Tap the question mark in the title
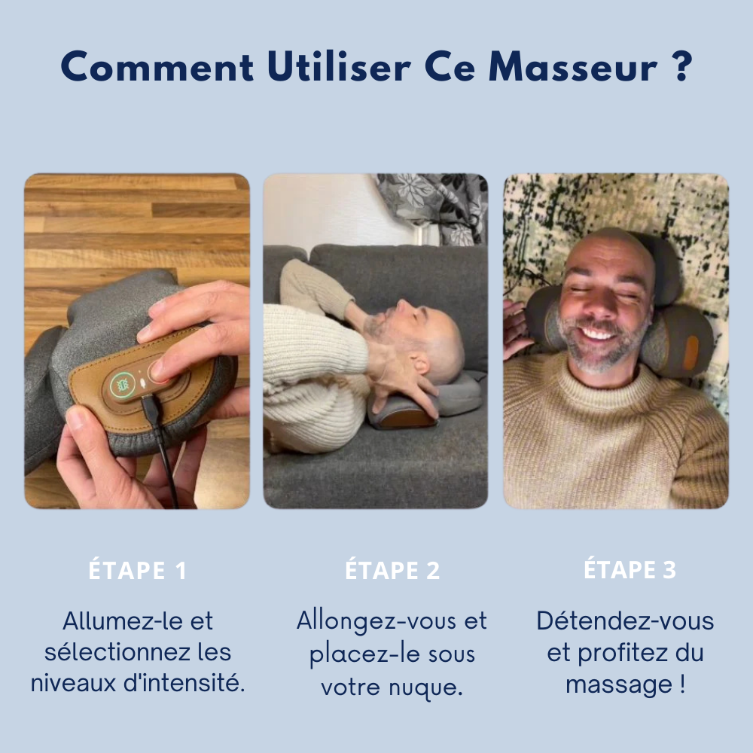pos(680,68)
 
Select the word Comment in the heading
pos(157,68)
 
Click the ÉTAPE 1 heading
pos(137,571)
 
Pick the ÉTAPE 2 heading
pos(392,571)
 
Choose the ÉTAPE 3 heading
pos(630,571)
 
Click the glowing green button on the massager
pos(121,386)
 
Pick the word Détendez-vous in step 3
pos(625,622)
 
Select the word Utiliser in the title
pos(339,68)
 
